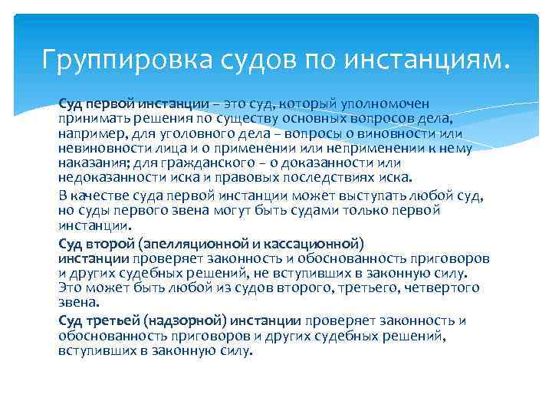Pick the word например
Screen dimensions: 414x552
[90, 133]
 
